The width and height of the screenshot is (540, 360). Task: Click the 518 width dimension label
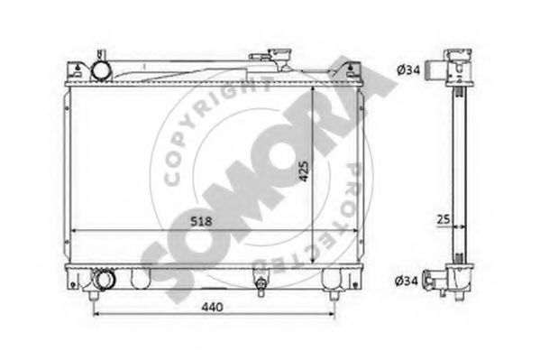[x=202, y=221]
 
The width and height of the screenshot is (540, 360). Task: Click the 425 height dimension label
[x=304, y=171]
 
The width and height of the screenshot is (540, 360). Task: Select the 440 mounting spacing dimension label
[x=212, y=307]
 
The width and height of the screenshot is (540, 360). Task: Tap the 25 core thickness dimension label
[x=444, y=219]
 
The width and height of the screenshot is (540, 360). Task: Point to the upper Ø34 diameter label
[x=408, y=70]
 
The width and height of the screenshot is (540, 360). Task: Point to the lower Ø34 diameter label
[x=407, y=281]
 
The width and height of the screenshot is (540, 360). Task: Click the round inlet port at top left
[x=101, y=71]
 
